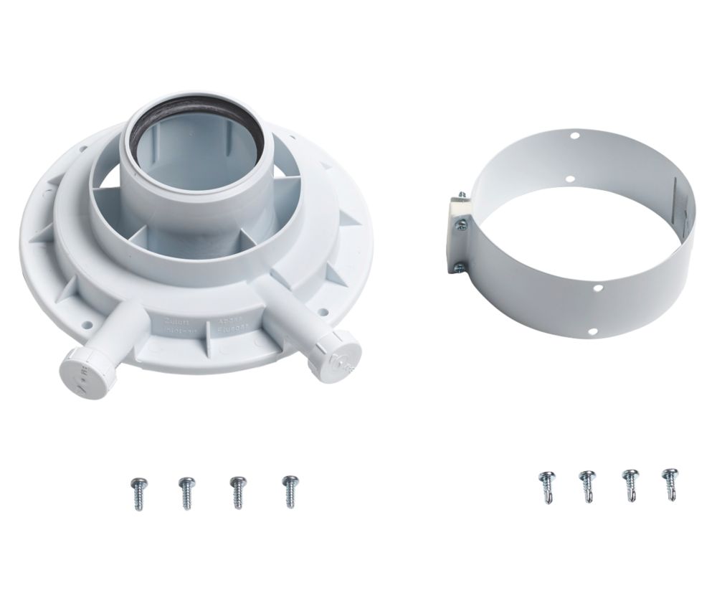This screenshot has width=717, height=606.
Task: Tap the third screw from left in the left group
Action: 236,491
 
